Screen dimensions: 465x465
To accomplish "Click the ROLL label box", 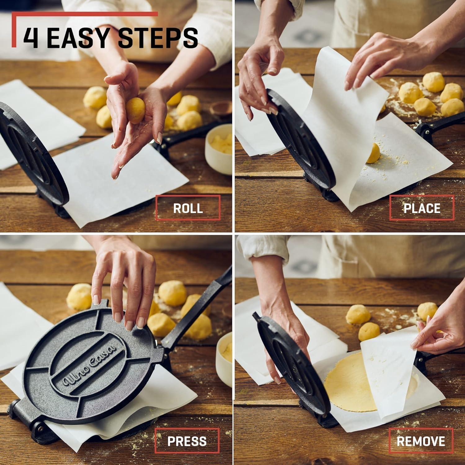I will coord(188,208).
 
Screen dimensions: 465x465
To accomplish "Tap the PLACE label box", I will coord(422,208).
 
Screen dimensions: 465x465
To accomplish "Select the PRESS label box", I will coord(187,441).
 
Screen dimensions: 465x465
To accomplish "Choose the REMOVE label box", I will coord(421,441).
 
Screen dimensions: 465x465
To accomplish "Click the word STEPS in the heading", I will coord(158,38).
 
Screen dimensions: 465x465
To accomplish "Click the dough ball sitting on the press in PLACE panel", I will coord(373,153).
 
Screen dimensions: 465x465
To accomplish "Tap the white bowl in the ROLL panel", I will coord(219,149).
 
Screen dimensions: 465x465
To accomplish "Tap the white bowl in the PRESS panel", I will coord(224,356).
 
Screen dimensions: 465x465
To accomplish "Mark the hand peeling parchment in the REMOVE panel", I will coord(440,332).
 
